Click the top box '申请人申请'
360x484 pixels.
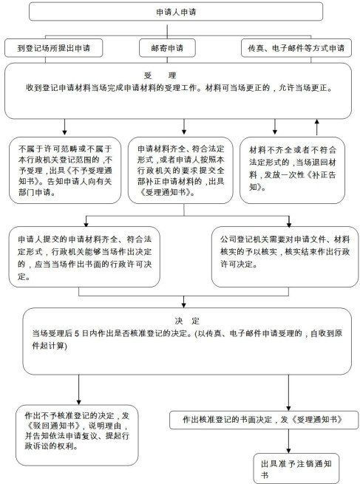click(x=176, y=12)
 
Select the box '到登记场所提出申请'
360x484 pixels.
click(x=53, y=48)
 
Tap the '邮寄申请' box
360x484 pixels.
click(x=167, y=48)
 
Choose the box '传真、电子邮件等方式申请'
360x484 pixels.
click(x=296, y=48)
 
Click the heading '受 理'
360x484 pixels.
click(x=160, y=75)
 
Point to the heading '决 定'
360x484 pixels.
click(x=188, y=321)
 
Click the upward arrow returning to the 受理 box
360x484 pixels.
click(x=316, y=127)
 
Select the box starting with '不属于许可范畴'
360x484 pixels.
click(x=65, y=171)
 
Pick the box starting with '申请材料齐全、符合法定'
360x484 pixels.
click(x=180, y=171)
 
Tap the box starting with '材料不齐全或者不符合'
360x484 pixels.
click(x=292, y=171)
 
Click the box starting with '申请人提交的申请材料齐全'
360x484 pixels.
click(x=84, y=257)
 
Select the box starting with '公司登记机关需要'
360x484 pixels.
click(x=285, y=257)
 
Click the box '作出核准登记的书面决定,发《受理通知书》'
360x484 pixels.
click(x=264, y=420)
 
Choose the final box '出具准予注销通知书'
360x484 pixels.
click(x=296, y=468)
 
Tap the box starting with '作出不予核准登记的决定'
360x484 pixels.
click(x=77, y=435)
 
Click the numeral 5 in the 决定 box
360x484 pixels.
click(x=77, y=333)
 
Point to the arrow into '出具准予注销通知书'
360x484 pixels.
click(x=289, y=441)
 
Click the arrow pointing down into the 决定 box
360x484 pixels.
click(x=184, y=302)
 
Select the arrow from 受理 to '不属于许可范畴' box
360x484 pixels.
click(x=64, y=127)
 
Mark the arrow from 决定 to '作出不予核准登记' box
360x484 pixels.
click(x=79, y=390)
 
